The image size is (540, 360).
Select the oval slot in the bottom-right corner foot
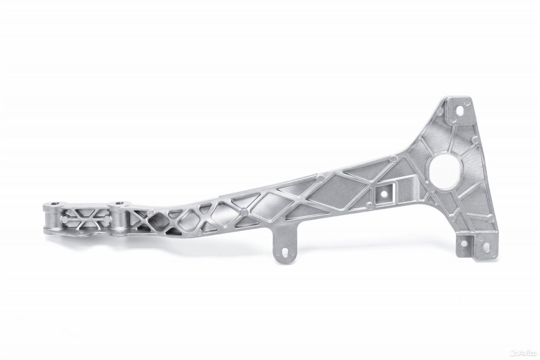[x=487, y=246]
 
